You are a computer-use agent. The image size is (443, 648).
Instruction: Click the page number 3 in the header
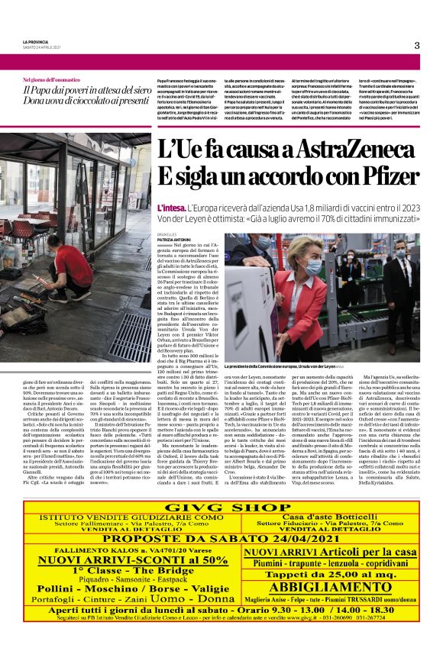tap(416, 45)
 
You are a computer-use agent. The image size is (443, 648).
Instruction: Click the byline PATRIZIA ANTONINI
tap(176, 240)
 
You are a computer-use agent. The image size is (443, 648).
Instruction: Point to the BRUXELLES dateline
tap(170, 234)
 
